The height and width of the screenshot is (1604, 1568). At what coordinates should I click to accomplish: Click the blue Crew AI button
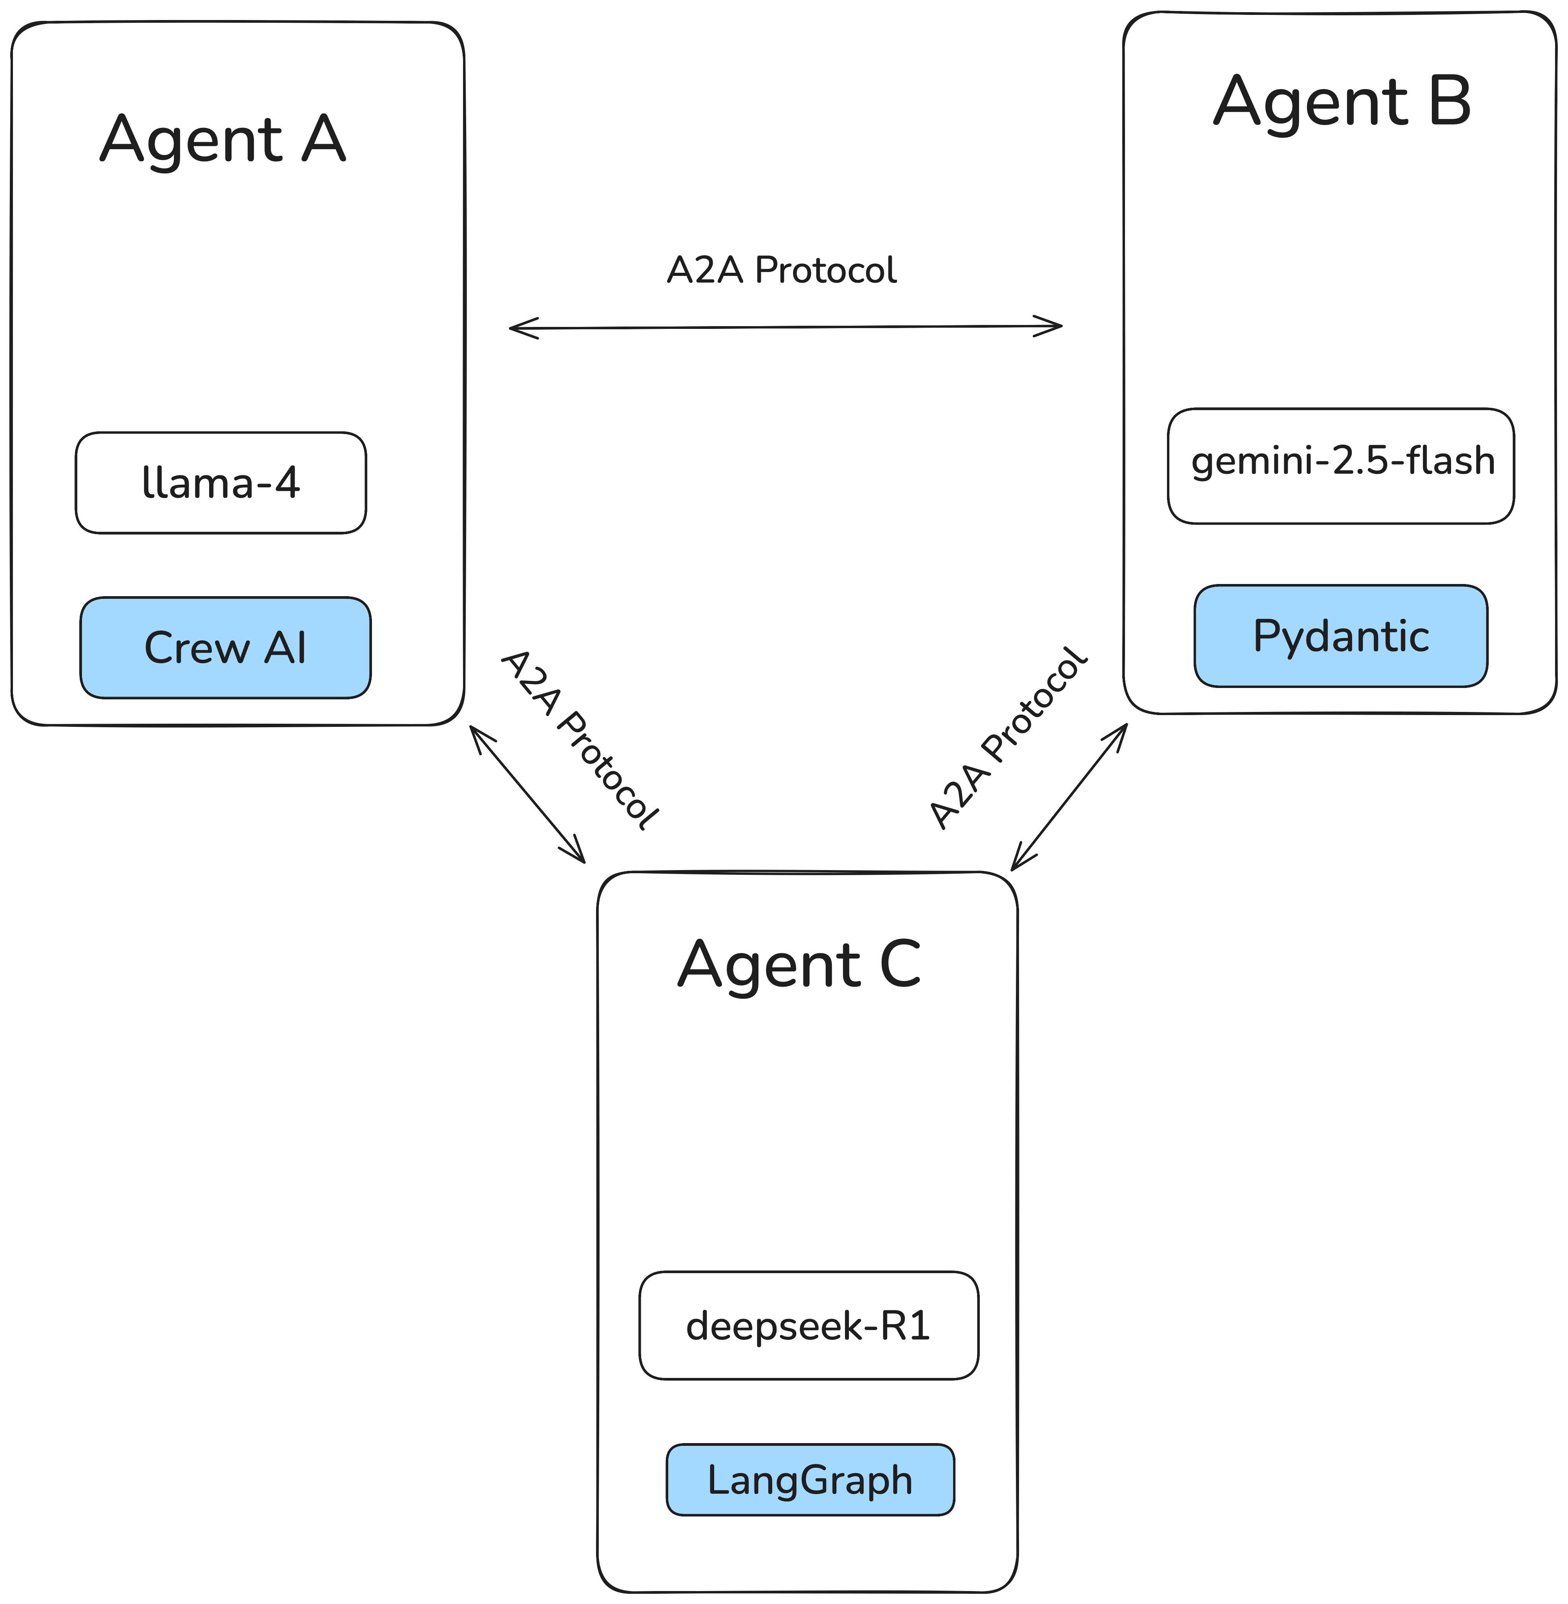pyautogui.click(x=225, y=648)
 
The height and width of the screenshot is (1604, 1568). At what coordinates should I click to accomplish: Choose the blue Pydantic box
pyautogui.click(x=1341, y=636)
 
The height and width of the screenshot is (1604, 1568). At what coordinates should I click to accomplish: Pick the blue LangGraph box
pyautogui.click(x=810, y=1480)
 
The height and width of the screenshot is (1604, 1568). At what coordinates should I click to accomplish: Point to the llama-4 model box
pyautogui.click(x=221, y=482)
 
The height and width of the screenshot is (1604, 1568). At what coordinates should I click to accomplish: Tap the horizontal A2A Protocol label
pyautogui.click(x=782, y=270)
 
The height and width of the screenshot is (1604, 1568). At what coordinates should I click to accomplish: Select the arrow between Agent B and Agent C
pyautogui.click(x=1068, y=797)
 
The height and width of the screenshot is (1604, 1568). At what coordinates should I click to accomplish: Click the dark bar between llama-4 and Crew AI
pyautogui.click(x=221, y=557)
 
